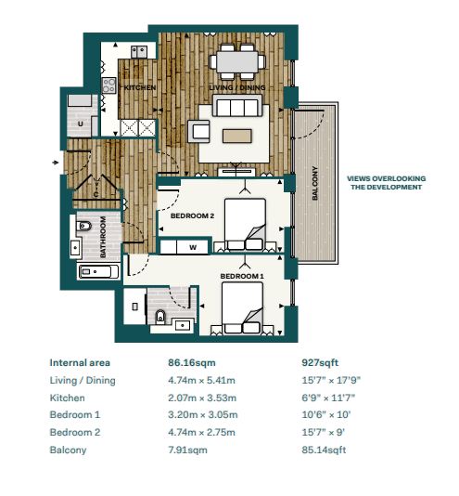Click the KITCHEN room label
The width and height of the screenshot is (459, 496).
click(140, 87)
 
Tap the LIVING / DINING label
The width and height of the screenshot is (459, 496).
click(237, 87)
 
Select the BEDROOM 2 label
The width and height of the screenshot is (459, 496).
click(192, 216)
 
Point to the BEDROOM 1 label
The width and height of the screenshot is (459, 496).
click(242, 276)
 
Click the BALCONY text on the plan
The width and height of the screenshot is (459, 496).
click(315, 183)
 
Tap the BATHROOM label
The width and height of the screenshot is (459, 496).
click(103, 237)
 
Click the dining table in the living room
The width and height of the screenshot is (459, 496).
click(237, 61)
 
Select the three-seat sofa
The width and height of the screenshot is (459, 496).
click(237, 106)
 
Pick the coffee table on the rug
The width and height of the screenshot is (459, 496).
click(237, 136)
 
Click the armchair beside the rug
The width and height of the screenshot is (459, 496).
click(199, 131)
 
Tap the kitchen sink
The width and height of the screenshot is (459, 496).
click(139, 52)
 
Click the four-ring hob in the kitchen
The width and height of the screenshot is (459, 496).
click(108, 85)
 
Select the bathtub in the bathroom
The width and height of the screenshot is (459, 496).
click(98, 272)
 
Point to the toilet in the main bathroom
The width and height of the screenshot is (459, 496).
click(83, 227)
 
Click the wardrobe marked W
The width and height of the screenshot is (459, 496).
click(185, 248)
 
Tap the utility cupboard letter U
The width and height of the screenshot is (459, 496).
click(81, 124)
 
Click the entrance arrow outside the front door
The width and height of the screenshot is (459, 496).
click(56, 163)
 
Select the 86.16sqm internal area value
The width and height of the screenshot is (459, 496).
click(192, 362)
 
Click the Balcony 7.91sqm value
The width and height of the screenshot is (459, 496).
click(187, 450)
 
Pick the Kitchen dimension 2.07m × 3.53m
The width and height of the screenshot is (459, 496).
click(202, 398)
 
